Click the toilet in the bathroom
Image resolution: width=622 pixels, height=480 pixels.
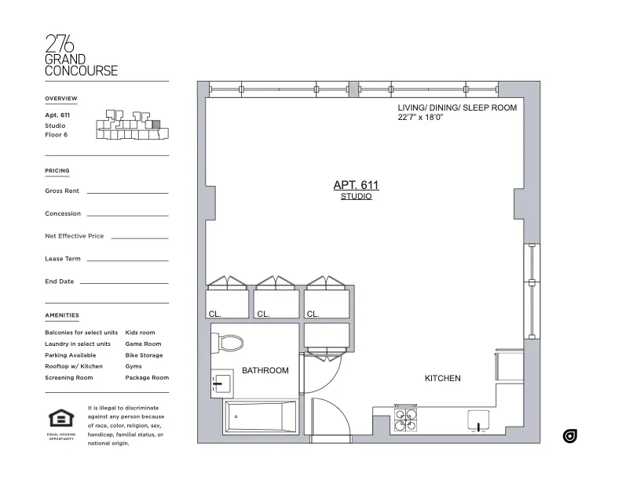pos(230,342)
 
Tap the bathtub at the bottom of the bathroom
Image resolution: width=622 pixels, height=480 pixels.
pos(260,416)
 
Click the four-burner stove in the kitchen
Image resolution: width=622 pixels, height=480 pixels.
pos(406,420)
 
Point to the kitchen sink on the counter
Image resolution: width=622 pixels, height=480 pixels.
pos(477,421)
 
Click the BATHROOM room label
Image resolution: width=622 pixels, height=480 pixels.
pos(265,370)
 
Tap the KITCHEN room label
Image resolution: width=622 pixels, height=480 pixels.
pos(442,378)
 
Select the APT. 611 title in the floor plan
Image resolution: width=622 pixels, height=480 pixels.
pos(356,185)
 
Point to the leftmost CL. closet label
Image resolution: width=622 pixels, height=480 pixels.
pos(215,314)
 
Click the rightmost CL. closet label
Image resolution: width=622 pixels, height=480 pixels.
pos(313,314)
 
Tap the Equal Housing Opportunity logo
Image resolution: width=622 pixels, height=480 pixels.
pos(60,422)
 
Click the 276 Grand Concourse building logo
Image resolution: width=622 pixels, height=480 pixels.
pos(81,56)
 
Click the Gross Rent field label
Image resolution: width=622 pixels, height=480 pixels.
pos(62,191)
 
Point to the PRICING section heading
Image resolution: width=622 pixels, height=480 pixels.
pos(57,170)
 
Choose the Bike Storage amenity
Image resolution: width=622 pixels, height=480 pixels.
pos(144,355)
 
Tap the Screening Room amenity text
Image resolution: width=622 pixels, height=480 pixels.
pos(68,378)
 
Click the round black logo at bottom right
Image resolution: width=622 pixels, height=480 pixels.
pos(570,436)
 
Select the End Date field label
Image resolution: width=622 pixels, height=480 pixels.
pos(59,282)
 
